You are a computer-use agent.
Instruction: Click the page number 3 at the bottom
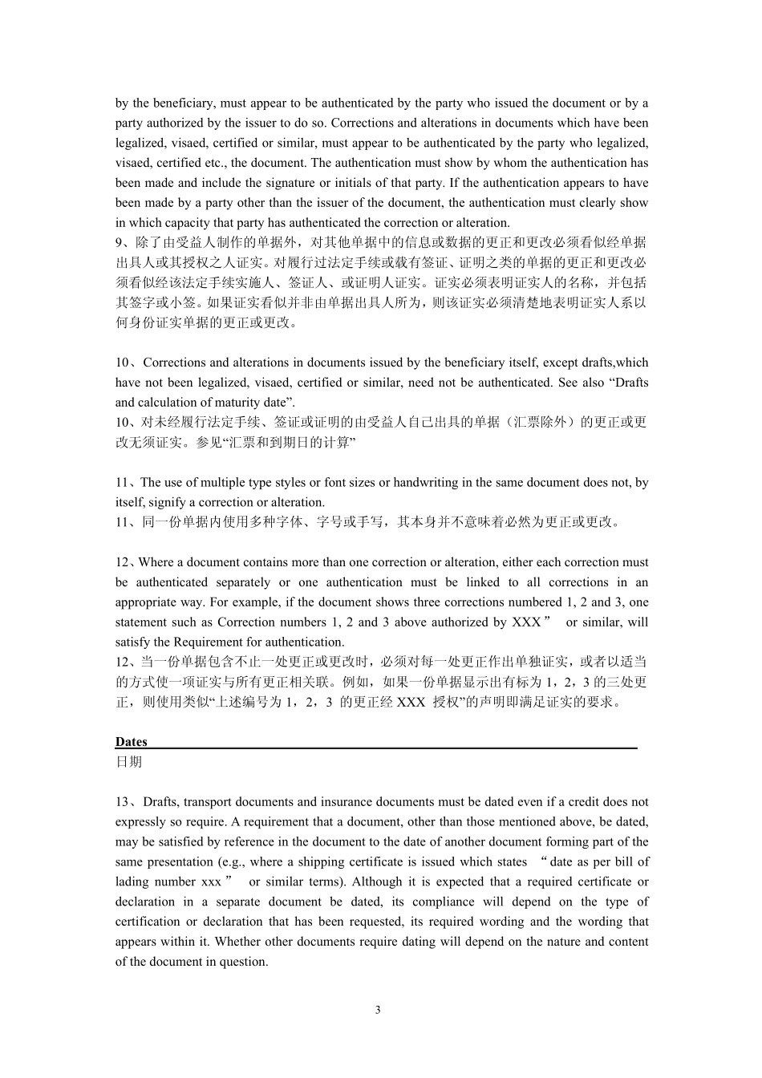(378, 1009)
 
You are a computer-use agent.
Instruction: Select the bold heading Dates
(131, 742)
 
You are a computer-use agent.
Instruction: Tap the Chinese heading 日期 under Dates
(128, 762)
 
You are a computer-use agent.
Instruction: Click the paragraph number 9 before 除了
(119, 243)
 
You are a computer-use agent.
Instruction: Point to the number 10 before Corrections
(122, 363)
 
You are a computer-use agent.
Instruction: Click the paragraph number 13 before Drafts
(122, 802)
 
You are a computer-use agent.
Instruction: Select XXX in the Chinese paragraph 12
(411, 702)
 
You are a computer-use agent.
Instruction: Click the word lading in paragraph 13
(132, 882)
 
